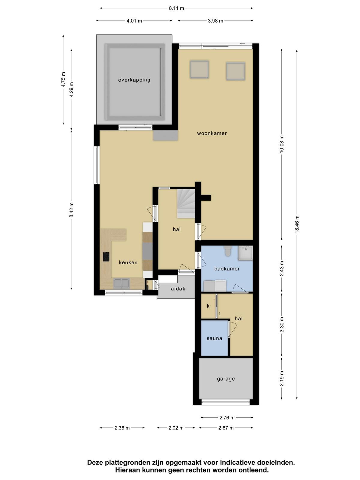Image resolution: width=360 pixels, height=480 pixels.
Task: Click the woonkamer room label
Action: click(211, 133)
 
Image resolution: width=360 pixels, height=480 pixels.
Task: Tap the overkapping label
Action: click(134, 80)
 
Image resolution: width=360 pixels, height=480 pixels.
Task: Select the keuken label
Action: click(128, 262)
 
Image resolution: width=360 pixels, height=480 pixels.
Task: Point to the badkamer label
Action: click(227, 268)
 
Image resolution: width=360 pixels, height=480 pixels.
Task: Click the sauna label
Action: click(214, 338)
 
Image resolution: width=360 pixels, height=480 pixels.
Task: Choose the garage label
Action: click(226, 379)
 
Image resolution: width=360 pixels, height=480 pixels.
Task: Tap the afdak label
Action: click(178, 289)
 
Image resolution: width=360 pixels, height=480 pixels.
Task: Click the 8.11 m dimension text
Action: click(176, 8)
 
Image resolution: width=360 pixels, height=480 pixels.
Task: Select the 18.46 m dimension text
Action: click(297, 224)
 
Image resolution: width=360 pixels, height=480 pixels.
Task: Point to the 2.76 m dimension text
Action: click(227, 418)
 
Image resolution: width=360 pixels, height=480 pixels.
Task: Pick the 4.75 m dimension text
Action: click(63, 79)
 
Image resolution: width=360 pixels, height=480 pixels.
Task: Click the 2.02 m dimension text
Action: click(176, 428)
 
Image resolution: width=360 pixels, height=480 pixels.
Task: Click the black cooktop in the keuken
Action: click(106, 257)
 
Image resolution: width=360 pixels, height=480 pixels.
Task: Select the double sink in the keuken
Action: click(121, 283)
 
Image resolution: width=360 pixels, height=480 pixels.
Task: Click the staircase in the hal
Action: click(186, 203)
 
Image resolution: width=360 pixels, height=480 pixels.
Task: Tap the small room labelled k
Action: click(208, 306)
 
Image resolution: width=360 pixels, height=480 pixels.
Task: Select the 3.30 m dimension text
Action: click(282, 325)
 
